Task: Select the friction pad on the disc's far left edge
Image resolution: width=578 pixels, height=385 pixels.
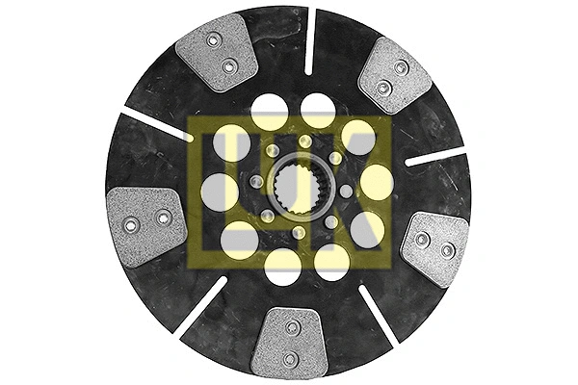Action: coord(146,225)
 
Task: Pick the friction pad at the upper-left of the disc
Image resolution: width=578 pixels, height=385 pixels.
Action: coord(217,52)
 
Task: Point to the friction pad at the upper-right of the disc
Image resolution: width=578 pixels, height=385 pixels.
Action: coord(394,76)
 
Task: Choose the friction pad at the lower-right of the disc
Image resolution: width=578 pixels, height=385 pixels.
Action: coord(435,247)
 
